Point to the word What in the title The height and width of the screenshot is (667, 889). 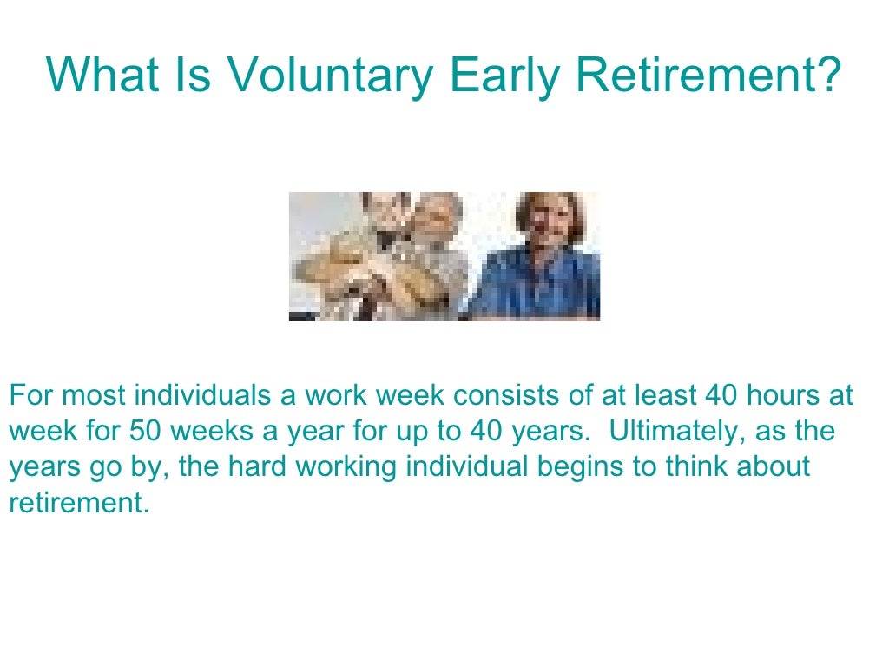coord(102,76)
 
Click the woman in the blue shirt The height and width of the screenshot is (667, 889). coord(542,261)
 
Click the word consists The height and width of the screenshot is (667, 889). coord(504,396)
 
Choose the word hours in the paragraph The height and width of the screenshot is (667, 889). coord(785,396)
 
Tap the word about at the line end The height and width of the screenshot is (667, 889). coord(773,467)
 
